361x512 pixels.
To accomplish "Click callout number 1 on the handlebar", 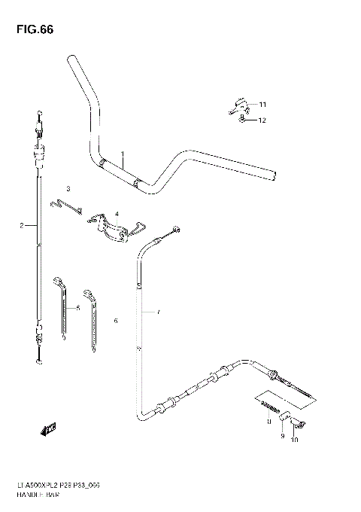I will [x=122, y=154].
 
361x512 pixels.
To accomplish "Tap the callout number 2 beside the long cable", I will [x=22, y=225].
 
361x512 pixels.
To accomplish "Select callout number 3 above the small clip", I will [x=68, y=188].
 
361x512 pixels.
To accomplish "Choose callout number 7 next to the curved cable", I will [x=158, y=311].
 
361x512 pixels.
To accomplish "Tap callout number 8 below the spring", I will [x=267, y=424].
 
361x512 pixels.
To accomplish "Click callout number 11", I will [x=262, y=104].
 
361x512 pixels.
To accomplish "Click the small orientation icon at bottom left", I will [x=50, y=431].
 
